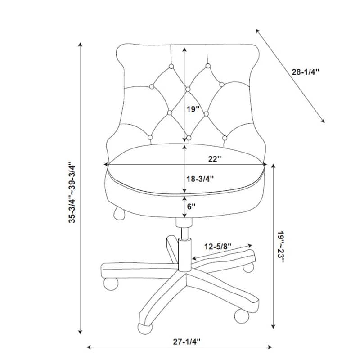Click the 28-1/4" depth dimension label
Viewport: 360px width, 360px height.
[x=306, y=72]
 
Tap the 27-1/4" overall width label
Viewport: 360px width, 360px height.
[x=187, y=342]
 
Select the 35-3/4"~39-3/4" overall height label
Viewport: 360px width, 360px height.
[x=72, y=193]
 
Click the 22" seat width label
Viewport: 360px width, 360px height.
[x=215, y=159]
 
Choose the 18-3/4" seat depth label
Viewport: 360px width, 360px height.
[x=200, y=179]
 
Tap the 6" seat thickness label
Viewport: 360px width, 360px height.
[x=191, y=207]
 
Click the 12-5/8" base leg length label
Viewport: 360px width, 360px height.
[x=218, y=247]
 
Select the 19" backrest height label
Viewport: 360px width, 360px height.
[x=193, y=109]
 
